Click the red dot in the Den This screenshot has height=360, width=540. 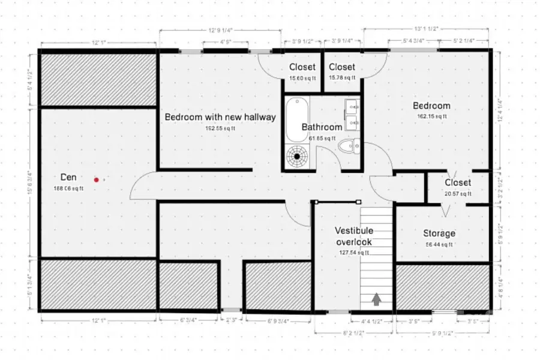click(96, 179)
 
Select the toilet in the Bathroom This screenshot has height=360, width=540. click(348, 147)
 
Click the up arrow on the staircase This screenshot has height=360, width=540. click(377, 298)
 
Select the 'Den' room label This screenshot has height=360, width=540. click(69, 177)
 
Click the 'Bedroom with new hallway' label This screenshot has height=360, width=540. click(220, 117)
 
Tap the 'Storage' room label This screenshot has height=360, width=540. click(439, 233)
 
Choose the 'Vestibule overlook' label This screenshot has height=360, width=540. click(354, 236)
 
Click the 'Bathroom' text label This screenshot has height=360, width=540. click(322, 127)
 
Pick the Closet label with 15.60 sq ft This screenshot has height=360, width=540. click(302, 67)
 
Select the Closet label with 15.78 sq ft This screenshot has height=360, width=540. click(342, 67)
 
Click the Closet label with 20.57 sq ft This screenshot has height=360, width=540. click(458, 182)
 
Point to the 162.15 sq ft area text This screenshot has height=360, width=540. click(431, 116)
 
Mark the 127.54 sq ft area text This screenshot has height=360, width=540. click(354, 253)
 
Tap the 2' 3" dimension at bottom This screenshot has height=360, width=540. click(230, 320)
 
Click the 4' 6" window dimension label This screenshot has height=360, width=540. click(225, 42)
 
